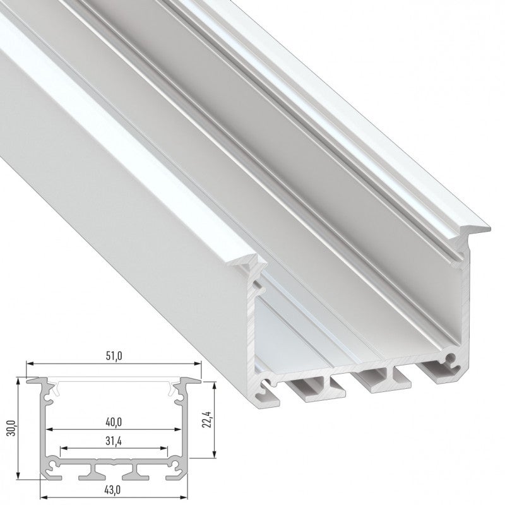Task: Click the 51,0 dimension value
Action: (114, 356)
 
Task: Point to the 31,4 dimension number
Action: (114, 441)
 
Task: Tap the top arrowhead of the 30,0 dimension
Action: (20, 381)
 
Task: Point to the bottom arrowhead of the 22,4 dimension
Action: (215, 453)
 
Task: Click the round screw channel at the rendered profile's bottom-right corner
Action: (451, 360)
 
